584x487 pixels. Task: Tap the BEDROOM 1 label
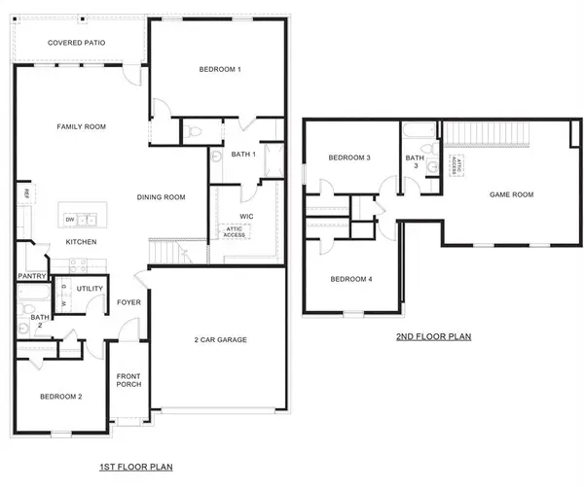point(220,69)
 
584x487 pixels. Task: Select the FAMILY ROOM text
point(81,126)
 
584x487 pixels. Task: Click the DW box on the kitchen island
point(71,219)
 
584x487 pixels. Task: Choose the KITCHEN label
point(81,241)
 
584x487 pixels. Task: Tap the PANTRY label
point(31,276)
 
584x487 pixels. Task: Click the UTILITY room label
point(91,289)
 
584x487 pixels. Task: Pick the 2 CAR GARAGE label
point(220,339)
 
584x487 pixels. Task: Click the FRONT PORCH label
point(128,379)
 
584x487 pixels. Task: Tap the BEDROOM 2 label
point(59,397)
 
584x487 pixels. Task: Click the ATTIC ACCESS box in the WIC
point(235,231)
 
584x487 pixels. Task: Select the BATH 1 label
point(242,155)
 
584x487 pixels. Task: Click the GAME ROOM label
point(510,194)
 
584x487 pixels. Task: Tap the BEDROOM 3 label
point(348,157)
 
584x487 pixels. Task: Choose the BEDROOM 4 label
point(350,279)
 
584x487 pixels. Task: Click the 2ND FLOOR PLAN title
point(433,337)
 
